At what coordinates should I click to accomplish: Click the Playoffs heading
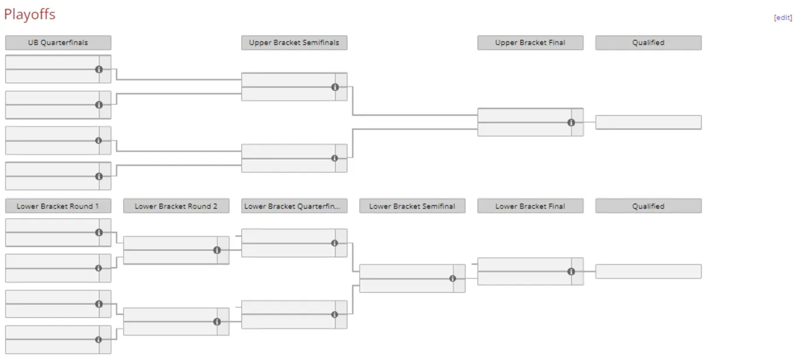click(x=30, y=15)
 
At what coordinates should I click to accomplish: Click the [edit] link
click(x=783, y=18)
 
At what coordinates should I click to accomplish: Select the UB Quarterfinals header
click(x=58, y=43)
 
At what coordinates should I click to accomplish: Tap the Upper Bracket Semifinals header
click(x=294, y=43)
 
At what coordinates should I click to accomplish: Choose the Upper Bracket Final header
click(x=530, y=43)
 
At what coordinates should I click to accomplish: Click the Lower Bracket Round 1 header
click(x=58, y=206)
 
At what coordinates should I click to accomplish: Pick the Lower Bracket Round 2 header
click(x=176, y=206)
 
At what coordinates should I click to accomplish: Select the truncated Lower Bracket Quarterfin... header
click(x=294, y=206)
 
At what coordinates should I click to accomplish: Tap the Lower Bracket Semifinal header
click(x=412, y=206)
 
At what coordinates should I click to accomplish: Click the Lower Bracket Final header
click(x=530, y=206)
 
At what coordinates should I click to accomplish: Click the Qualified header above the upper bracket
click(x=648, y=43)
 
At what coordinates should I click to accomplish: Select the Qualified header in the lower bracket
click(x=648, y=206)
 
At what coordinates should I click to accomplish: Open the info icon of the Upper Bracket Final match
click(x=571, y=123)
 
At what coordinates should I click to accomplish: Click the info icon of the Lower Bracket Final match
click(x=571, y=271)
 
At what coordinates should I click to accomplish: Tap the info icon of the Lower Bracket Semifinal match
click(x=452, y=278)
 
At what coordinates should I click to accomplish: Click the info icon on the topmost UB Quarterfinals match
click(x=99, y=69)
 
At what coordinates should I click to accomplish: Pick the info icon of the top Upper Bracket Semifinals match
click(x=335, y=87)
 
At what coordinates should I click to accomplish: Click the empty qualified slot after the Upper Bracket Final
click(x=648, y=123)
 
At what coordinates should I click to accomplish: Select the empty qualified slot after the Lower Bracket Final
click(x=648, y=271)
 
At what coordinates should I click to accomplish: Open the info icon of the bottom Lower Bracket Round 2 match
click(x=217, y=321)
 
